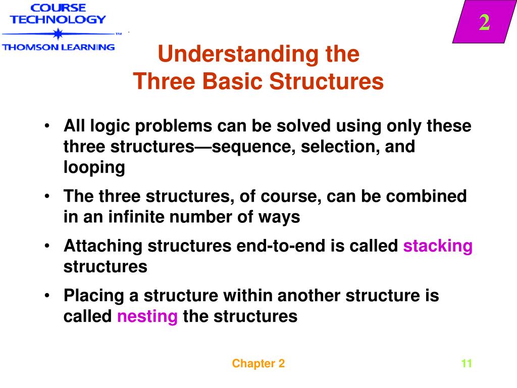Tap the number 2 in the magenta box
coord(484,23)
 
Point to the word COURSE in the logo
coord(58,8)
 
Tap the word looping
coord(94,168)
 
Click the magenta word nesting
coord(147,317)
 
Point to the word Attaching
coord(104,246)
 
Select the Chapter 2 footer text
coord(258,364)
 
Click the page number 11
coord(466,364)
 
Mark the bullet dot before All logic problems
coord(46,126)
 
